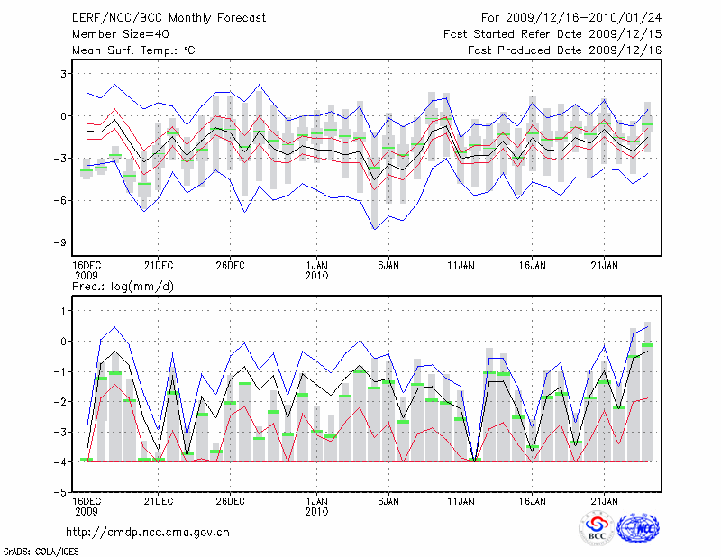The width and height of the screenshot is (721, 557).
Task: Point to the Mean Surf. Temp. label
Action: pos(133,50)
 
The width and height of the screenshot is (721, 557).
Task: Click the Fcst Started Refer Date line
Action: pos(552,33)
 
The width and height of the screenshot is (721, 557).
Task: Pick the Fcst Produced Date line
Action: pos(565,50)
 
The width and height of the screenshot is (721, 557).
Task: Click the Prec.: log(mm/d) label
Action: pos(122,287)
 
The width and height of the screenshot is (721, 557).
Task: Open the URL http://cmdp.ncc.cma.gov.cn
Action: pos(148,532)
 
